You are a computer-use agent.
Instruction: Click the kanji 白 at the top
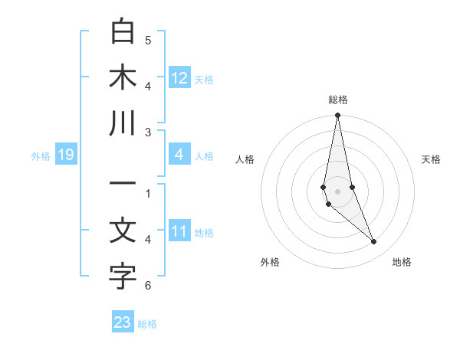[123, 31]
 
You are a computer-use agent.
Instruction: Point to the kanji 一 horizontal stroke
[123, 185]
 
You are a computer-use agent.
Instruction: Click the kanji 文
[123, 231]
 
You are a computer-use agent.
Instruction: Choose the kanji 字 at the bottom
[123, 277]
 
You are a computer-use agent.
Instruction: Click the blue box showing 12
[179, 78]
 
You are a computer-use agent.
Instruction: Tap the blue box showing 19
[65, 155]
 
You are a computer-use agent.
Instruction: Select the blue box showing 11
[179, 232]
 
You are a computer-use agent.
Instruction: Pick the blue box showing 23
[123, 322]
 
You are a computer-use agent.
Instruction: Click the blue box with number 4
[179, 155]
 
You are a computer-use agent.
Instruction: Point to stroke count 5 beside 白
[148, 40]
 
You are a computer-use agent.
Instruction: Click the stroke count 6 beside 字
[148, 286]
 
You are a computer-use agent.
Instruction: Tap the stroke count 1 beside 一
[148, 193]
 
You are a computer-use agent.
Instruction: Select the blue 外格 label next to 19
[41, 156]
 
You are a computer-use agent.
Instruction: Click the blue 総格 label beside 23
[147, 324]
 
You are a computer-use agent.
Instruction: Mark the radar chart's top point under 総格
[337, 116]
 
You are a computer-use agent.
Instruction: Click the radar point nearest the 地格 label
[374, 242]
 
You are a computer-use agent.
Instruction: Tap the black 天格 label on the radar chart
[431, 159]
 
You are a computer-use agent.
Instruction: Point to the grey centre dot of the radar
[337, 191]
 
